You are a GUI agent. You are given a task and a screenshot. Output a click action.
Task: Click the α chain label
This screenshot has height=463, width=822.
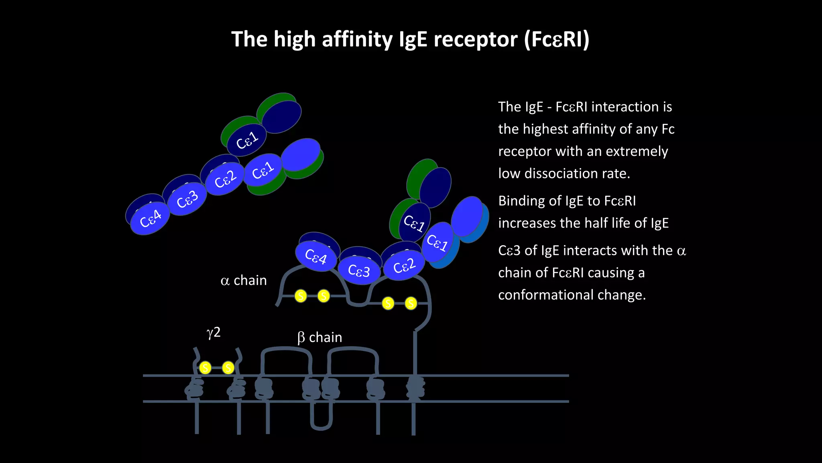244,280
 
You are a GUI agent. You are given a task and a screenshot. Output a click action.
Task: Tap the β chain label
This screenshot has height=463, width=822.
319,337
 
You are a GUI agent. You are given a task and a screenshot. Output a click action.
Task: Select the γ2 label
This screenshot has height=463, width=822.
214,332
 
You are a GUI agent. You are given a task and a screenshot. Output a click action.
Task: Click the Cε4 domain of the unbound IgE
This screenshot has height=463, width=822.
150,219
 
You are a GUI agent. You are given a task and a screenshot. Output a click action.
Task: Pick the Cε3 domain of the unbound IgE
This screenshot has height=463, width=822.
187,199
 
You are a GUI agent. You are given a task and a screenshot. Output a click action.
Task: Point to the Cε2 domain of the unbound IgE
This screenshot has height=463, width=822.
225,179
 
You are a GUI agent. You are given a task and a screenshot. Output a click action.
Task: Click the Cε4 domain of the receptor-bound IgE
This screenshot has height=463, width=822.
316,256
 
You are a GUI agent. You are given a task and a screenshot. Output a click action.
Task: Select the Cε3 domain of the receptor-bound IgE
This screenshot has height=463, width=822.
359,270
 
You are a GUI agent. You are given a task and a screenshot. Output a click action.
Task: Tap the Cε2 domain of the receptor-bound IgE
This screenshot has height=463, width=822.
404,266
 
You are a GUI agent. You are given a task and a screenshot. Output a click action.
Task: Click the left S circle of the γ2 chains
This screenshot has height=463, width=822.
205,367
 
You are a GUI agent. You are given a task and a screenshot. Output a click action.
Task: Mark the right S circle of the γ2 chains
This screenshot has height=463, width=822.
228,367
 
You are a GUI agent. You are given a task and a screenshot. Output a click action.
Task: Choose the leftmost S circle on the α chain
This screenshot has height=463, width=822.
301,296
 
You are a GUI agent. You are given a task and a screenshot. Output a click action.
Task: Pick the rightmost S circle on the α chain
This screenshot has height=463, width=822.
411,303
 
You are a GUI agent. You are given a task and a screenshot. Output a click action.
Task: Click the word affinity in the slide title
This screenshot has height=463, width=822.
357,39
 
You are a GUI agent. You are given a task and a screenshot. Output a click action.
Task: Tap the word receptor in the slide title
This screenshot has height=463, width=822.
475,39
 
